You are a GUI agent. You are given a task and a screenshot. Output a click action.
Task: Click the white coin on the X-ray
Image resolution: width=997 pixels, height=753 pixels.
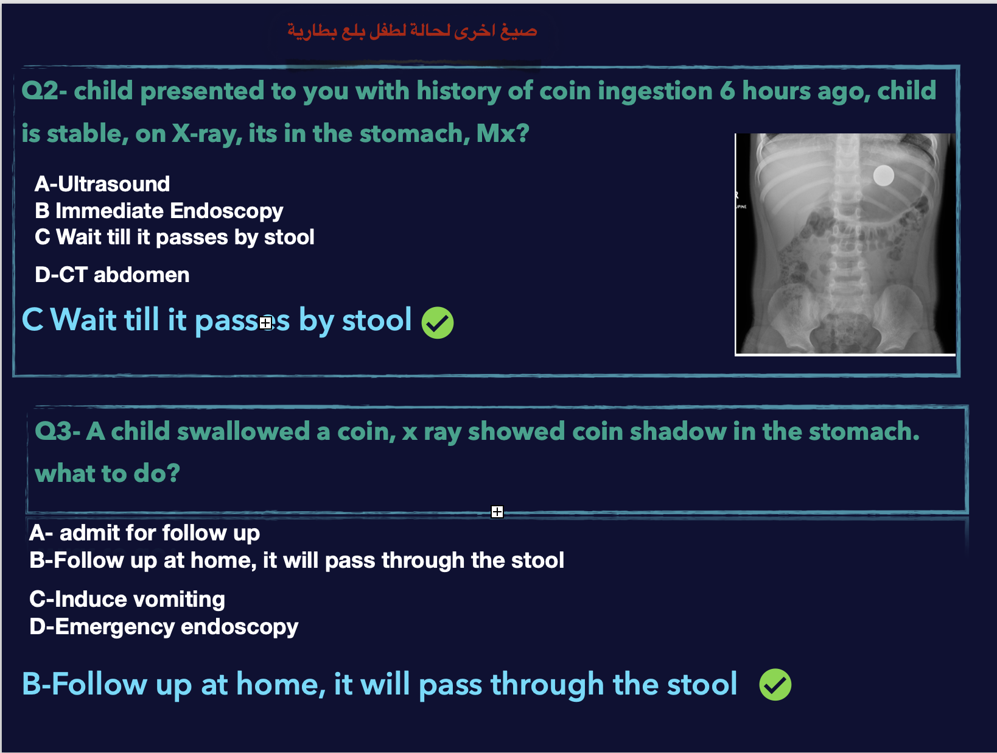coord(883,175)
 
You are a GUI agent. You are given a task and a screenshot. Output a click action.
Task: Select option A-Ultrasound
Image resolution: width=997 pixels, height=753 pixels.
coord(102,184)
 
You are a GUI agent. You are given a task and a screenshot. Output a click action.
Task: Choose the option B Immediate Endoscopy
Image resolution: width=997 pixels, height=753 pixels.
coord(159,211)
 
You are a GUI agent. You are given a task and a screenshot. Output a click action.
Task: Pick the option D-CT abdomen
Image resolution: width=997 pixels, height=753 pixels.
coord(112,275)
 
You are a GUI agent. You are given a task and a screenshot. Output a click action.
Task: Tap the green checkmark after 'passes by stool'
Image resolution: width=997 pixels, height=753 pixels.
coord(438,323)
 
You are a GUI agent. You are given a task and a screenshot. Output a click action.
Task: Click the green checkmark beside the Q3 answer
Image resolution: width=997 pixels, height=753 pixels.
coord(775,684)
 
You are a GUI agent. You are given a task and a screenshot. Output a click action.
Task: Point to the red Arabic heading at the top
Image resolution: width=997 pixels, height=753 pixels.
coord(412,31)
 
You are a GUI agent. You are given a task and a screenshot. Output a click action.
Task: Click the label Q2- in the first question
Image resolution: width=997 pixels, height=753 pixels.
coord(44,91)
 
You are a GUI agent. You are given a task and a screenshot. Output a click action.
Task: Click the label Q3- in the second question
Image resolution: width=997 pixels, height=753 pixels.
coord(57,431)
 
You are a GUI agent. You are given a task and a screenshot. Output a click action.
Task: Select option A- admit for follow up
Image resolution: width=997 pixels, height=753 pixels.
coord(144,532)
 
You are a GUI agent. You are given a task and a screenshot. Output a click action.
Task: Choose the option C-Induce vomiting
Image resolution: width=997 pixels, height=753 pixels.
coord(127,599)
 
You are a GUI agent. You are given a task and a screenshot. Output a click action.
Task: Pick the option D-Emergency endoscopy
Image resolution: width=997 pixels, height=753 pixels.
coord(164,627)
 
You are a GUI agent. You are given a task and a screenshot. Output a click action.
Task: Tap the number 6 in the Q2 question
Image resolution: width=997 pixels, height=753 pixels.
coord(727,91)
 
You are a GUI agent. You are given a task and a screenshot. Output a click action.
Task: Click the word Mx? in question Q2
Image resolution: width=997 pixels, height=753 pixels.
coord(502,133)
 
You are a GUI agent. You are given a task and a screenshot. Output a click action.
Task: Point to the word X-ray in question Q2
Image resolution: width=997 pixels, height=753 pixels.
coord(207,134)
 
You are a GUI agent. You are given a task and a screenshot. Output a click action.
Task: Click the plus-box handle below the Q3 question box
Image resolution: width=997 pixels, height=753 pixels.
coord(497,512)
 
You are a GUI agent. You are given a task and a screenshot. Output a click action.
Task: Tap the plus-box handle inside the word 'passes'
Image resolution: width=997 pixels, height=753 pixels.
coord(266,323)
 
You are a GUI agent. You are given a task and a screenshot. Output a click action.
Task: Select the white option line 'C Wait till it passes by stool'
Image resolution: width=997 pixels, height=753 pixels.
coord(175,237)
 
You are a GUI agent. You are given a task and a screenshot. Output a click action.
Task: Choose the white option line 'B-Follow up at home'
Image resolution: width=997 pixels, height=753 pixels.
coord(296,560)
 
